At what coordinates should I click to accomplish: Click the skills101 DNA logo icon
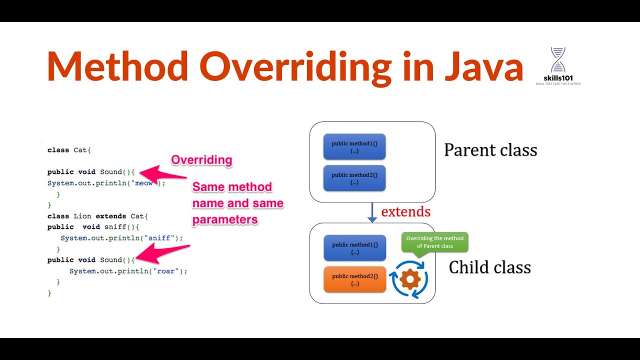coord(557,60)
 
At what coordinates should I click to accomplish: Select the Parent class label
coord(490,150)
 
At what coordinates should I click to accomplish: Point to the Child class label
coord(489,267)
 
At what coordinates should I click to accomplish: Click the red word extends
coord(405,212)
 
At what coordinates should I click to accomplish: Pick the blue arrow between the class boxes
coord(372,212)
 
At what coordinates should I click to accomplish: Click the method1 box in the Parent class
coord(354,147)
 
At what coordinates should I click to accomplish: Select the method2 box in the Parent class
coord(354,178)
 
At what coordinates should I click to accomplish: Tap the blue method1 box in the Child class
coord(354,248)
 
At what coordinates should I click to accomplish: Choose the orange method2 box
coord(354,279)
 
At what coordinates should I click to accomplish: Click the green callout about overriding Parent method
coord(434,242)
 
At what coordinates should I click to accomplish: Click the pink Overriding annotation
coord(201,160)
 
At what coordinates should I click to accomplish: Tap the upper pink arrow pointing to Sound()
coord(162,173)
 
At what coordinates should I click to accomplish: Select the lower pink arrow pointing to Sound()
coord(162,253)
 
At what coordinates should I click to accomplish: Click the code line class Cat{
coord(69,150)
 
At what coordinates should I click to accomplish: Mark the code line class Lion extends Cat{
coord(98,216)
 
